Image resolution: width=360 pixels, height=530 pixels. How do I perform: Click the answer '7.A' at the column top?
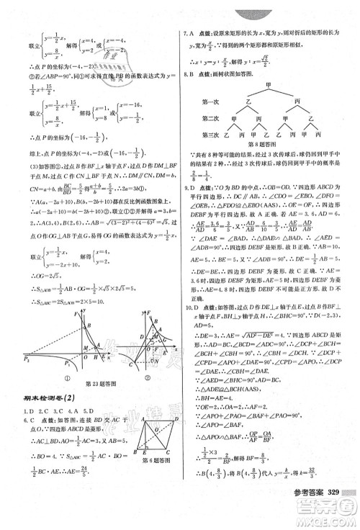190,34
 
